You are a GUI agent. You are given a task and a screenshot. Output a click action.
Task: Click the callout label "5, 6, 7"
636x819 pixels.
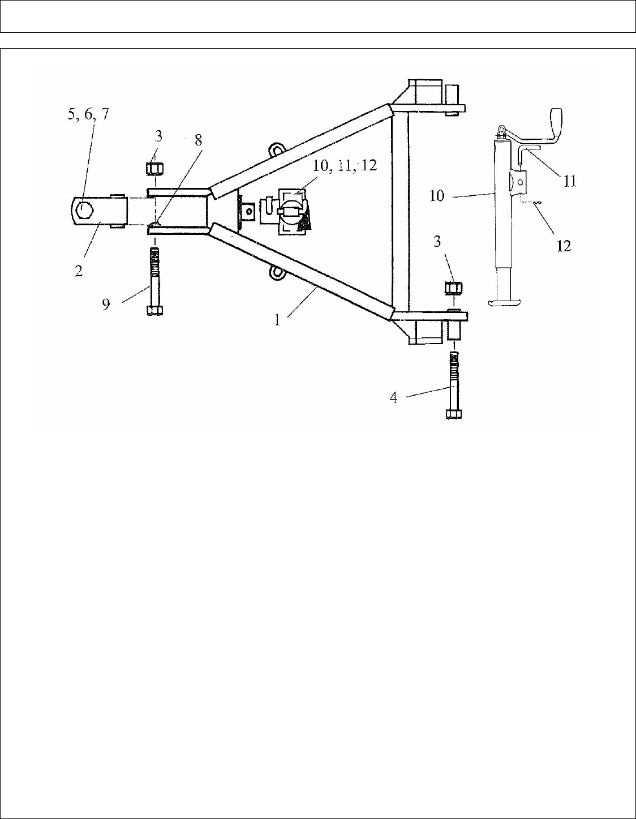(x=88, y=114)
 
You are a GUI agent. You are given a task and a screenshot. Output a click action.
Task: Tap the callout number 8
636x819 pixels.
(x=198, y=140)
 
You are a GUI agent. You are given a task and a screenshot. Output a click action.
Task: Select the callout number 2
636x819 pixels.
(x=79, y=271)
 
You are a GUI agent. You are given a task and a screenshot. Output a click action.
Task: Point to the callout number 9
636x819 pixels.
(x=106, y=305)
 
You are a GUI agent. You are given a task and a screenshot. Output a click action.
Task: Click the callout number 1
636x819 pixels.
(x=277, y=320)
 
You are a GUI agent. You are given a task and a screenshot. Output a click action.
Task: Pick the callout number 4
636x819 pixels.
(x=393, y=398)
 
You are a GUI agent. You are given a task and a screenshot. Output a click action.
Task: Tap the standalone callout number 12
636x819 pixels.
(x=564, y=246)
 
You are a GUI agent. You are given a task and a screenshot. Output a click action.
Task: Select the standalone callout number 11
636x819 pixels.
(x=569, y=182)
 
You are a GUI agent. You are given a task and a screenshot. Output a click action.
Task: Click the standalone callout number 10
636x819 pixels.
(x=437, y=196)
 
